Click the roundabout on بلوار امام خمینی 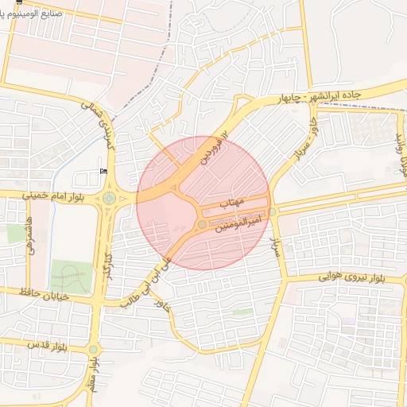108,197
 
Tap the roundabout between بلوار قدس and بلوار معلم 93,349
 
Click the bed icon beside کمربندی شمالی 103,172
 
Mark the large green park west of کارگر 69,275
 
